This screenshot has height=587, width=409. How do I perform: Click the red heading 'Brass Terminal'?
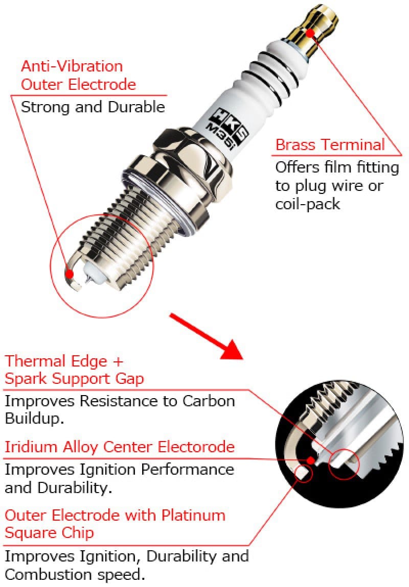point(330,144)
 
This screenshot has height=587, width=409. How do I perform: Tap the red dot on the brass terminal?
point(310,33)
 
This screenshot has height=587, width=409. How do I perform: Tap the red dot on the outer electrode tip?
point(70,274)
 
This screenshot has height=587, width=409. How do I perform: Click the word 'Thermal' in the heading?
point(35,361)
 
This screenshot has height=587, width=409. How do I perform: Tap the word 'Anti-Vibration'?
point(72,66)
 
